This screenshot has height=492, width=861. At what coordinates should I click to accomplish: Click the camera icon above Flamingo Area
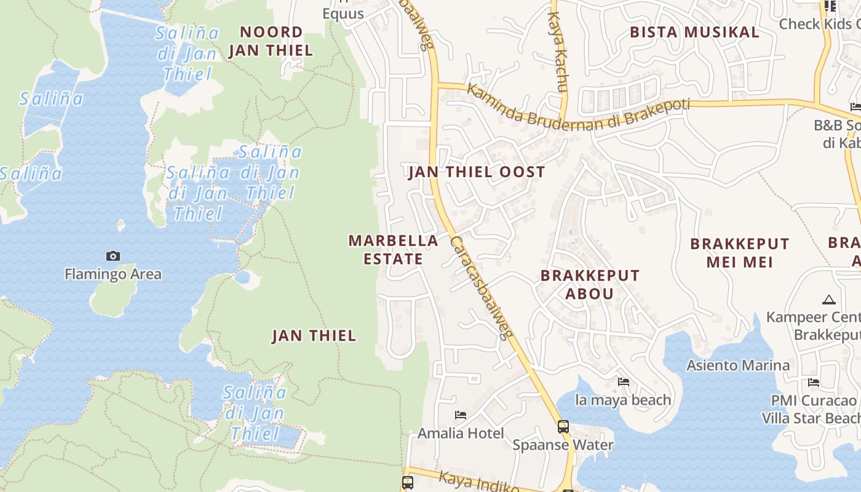(113, 256)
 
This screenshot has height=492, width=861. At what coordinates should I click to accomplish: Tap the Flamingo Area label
(113, 274)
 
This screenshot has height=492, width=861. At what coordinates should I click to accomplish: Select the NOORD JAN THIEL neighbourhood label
(271, 41)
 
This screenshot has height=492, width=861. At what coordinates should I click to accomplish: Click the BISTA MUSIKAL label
(694, 33)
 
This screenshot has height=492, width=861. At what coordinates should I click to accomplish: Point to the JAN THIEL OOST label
(477, 172)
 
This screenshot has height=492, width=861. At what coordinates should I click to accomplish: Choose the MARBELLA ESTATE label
(394, 250)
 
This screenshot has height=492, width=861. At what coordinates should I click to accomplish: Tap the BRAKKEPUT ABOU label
(590, 284)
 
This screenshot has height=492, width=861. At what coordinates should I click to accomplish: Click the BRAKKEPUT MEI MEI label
(739, 253)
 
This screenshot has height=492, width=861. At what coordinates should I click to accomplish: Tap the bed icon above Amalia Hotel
(460, 415)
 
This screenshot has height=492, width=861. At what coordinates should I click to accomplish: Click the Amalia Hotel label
(461, 434)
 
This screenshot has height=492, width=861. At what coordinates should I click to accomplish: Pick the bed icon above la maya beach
(623, 382)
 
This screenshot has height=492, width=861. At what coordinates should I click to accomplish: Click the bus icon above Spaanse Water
(563, 426)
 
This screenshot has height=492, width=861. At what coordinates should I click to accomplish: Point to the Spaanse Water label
(563, 445)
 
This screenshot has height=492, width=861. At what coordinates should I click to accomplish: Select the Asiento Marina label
(737, 365)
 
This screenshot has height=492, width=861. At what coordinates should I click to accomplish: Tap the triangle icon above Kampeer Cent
(828, 300)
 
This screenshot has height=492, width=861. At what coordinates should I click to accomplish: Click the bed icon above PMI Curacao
(814, 383)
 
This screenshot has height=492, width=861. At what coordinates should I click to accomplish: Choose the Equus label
(343, 14)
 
